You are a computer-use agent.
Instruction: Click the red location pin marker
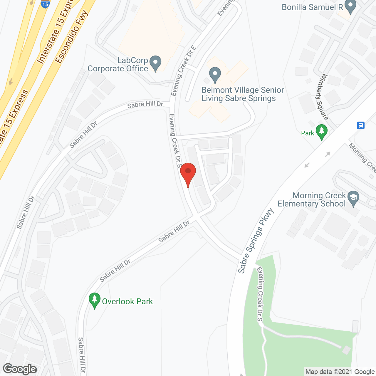click(x=188, y=173)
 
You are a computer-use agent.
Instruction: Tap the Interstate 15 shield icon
click(x=45, y=4)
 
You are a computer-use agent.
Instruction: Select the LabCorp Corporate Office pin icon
click(x=155, y=63)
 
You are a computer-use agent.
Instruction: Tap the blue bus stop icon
click(x=361, y=125)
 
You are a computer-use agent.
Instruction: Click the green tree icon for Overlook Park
click(x=94, y=300)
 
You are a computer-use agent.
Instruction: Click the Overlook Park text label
click(x=127, y=301)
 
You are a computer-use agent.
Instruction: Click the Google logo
click(x=20, y=369)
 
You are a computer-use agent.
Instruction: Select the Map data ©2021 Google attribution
click(x=340, y=372)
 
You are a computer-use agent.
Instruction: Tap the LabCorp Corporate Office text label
click(x=118, y=64)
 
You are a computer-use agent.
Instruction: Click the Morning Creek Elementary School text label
click(x=312, y=199)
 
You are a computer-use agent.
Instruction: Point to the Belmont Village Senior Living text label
click(x=243, y=94)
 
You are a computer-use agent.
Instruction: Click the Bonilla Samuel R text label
click(x=312, y=7)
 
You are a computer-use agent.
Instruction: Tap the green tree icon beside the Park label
click(x=321, y=132)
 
